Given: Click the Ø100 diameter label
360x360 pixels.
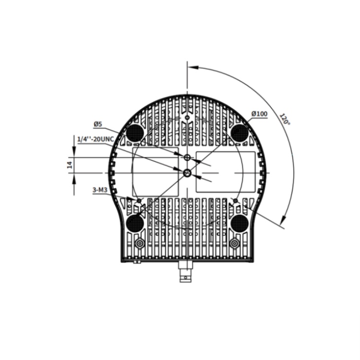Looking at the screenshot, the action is (259, 114).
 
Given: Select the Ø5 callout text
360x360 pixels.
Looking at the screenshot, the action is (97, 124).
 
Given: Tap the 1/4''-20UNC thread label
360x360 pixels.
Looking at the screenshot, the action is (96, 139).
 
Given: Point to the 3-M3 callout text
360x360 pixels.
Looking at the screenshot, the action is (100, 190).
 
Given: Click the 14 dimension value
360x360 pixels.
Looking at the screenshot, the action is (70, 165).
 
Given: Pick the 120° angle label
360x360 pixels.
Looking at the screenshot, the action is (285, 119).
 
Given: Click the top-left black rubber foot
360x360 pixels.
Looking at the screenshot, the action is (135, 132).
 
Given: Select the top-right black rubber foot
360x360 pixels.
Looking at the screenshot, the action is (240, 132).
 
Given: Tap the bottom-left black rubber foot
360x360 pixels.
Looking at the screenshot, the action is (135, 223).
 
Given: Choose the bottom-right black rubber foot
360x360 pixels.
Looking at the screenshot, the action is (240, 223).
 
